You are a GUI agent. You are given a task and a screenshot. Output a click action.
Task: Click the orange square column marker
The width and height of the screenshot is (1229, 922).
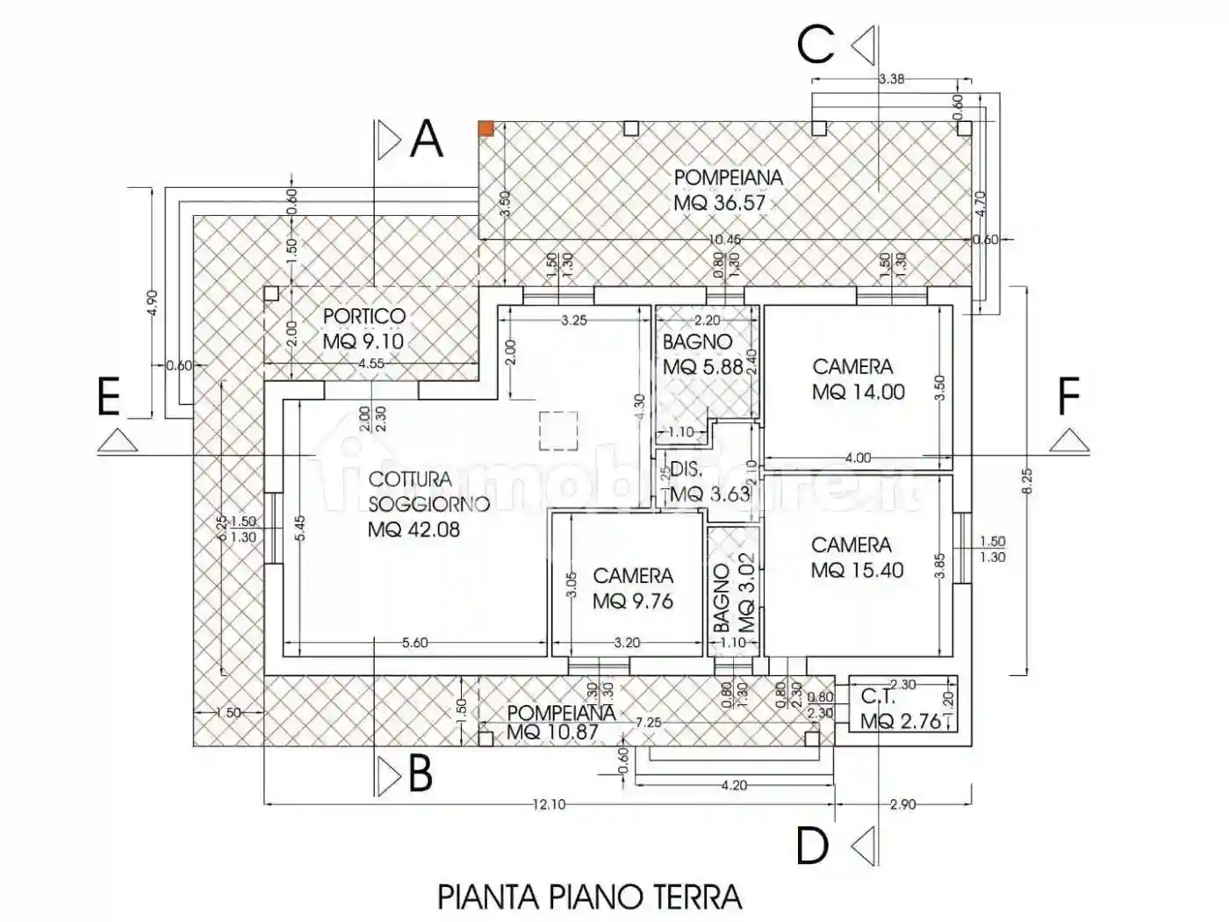485,128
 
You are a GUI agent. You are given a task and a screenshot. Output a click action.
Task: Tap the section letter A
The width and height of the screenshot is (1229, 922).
427,140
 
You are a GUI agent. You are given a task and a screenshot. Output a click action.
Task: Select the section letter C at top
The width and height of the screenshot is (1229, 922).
816,45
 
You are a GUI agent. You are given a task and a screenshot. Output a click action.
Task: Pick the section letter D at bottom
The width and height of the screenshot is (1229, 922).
813,846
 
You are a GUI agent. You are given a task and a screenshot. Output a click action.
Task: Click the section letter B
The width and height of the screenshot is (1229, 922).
420,775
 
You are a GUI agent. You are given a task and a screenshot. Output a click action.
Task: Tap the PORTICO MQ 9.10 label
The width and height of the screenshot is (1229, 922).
363,328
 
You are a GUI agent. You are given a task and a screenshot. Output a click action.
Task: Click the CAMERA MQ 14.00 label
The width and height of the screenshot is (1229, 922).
857,379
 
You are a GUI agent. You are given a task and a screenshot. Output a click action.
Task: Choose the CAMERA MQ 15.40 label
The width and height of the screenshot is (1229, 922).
857,558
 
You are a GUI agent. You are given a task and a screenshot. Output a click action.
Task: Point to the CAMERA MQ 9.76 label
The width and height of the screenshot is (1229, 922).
633,588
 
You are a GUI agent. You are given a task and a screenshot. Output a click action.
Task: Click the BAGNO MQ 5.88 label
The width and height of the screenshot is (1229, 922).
702,355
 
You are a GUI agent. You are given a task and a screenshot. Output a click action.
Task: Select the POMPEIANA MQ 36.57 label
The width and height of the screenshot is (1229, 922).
728,190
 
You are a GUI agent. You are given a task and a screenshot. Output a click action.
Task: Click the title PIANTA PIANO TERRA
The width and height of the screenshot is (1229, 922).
589,897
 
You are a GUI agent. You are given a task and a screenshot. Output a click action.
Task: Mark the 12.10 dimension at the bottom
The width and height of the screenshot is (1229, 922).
548,804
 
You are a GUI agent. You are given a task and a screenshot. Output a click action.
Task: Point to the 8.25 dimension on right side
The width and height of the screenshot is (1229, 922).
1026,480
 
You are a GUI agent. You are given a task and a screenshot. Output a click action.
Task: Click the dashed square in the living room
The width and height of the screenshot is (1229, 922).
558,431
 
